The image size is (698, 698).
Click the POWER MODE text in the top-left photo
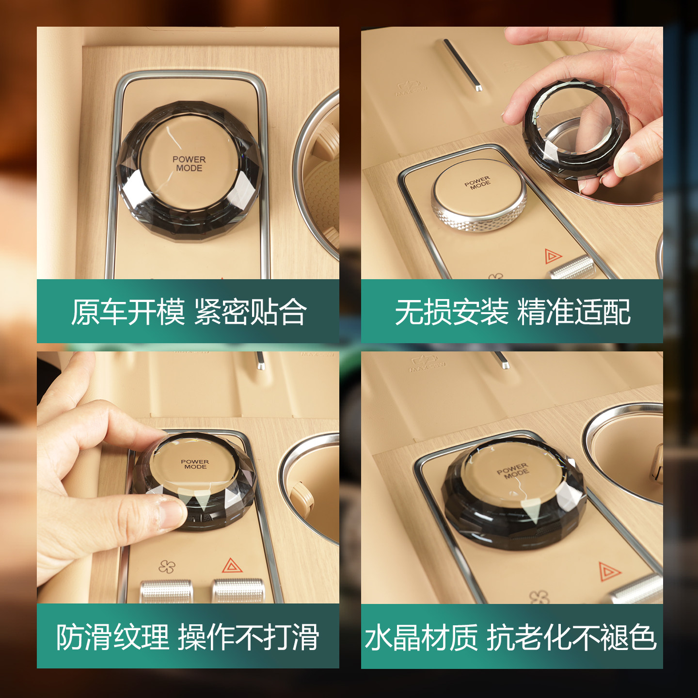[189, 164]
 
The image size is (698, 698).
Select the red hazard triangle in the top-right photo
[552, 255]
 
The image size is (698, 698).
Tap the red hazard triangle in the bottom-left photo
[232, 566]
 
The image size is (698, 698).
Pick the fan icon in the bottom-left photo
[167, 567]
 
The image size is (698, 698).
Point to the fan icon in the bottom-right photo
[539, 597]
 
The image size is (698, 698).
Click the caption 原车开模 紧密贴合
[188, 312]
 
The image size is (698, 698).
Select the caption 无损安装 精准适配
[512, 312]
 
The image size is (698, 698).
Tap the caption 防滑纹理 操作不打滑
[188, 637]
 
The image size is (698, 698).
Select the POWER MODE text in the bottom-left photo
[195, 464]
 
